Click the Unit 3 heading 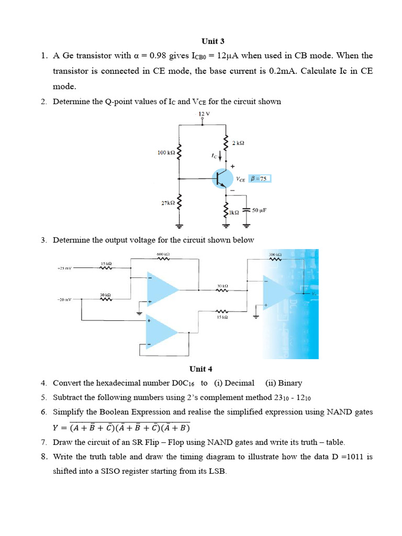(213, 41)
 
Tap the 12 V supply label (204, 113)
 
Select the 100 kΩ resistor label (166, 153)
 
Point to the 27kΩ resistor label (167, 203)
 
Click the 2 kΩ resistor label (239, 143)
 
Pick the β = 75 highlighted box (260, 178)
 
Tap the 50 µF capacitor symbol (248, 211)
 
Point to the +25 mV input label (64, 269)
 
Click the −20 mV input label (64, 300)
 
